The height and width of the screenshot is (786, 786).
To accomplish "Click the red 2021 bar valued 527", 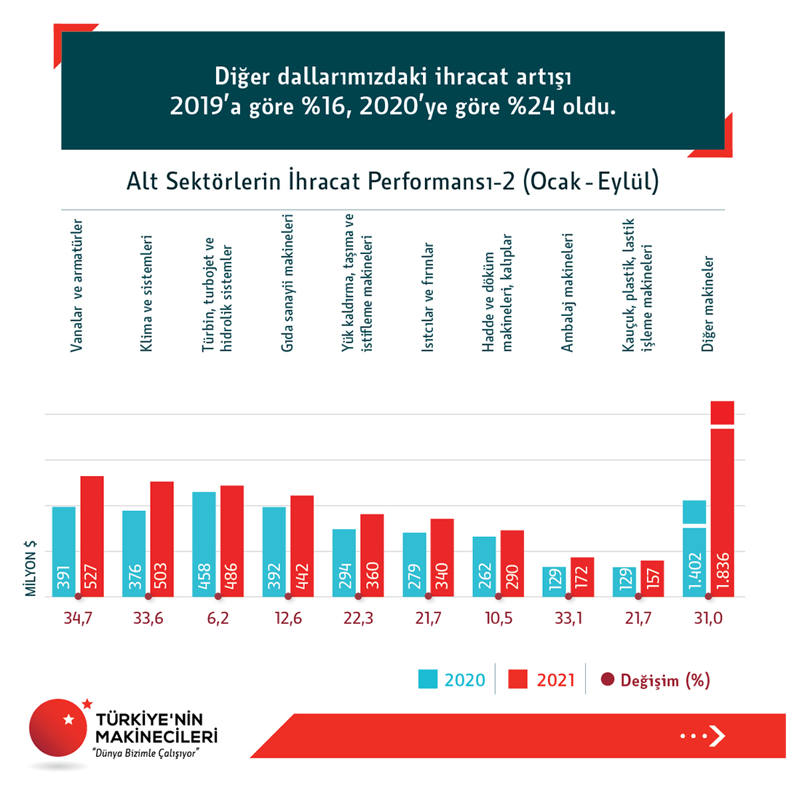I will click(x=92, y=536).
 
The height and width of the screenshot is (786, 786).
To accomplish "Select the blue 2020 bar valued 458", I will click(x=204, y=544).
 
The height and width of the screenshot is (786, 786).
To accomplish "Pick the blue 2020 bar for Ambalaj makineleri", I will click(x=554, y=581).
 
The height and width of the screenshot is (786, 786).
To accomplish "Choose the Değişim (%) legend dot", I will click(x=608, y=680).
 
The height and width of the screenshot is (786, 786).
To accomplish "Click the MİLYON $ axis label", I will click(x=31, y=568).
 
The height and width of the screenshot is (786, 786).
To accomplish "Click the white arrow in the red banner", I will click(x=717, y=736).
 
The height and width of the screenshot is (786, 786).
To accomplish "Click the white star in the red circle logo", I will click(x=69, y=720).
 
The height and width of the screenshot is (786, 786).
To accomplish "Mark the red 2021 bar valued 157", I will click(x=652, y=579).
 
